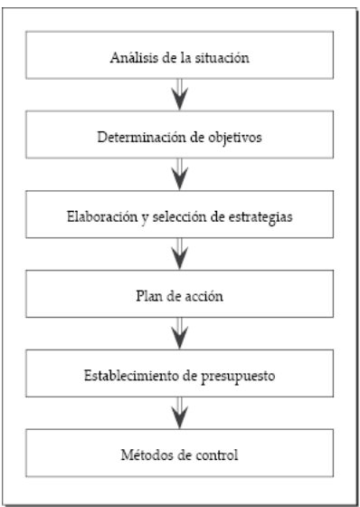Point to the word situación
(x=223, y=60)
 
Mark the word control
(x=217, y=452)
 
